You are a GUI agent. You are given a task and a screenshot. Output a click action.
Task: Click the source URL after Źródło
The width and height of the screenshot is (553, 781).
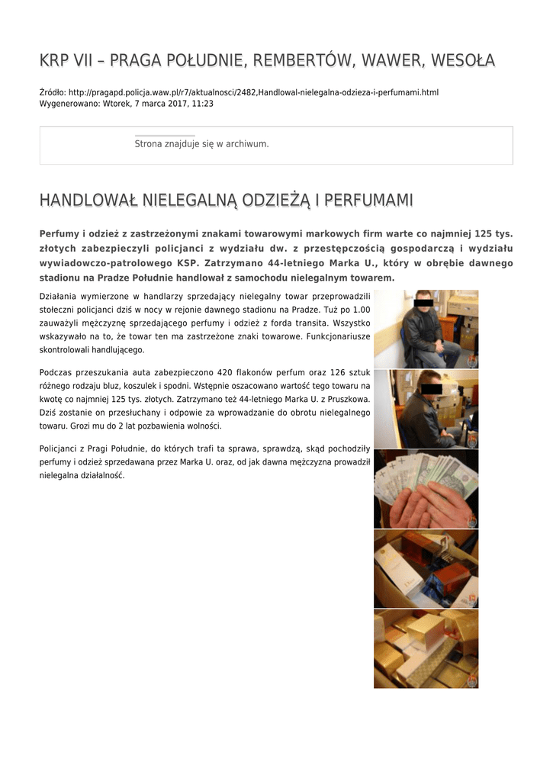coord(253,92)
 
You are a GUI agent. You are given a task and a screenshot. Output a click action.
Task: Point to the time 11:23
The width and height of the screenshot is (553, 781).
coord(203,103)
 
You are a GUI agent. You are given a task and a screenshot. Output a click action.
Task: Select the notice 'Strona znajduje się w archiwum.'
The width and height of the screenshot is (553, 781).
coord(201,144)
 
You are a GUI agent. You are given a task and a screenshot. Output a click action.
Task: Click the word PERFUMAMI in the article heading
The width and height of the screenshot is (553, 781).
coord(369,201)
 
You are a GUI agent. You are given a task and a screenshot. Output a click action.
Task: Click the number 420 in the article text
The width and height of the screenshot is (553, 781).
coord(224,372)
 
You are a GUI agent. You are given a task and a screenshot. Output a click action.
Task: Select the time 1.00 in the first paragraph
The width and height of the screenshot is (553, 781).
coord(362,310)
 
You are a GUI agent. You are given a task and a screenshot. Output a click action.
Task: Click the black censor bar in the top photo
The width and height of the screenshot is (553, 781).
coord(423,303)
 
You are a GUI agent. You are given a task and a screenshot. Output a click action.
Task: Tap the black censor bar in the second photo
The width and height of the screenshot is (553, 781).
coord(431,390)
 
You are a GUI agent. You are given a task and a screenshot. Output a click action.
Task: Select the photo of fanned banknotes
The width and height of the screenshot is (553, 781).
coord(426,488)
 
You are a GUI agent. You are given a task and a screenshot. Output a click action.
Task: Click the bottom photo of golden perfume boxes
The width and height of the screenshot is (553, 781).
coord(426,648)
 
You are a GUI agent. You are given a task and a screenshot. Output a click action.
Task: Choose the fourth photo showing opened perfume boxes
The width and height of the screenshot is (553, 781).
coord(426,569)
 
